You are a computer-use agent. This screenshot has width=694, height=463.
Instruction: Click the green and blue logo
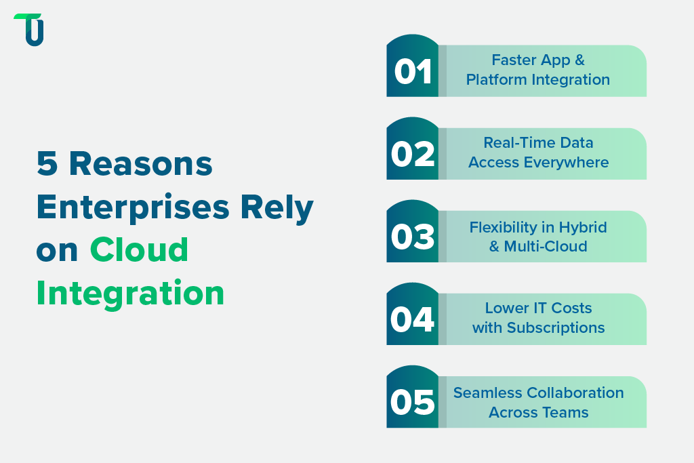30,30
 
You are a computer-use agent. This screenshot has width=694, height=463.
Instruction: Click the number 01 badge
413,71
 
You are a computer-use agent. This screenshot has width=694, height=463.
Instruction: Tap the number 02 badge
413,154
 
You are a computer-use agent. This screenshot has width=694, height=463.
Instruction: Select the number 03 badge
413,237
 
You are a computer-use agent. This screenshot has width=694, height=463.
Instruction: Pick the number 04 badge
413,319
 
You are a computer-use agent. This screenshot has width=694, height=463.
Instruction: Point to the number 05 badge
413,402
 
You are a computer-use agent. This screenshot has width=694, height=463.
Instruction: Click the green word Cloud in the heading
139,250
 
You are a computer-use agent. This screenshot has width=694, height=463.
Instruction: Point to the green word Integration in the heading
130,293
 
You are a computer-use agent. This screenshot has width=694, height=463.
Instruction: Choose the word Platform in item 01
495,79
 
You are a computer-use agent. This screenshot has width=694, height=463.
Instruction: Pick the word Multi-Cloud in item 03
546,246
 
